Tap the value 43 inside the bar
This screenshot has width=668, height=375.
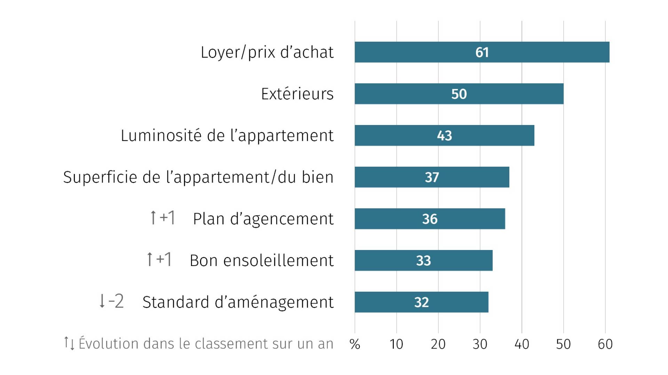(444, 136)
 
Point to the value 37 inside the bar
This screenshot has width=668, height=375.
(432, 177)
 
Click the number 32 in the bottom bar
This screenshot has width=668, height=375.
(421, 302)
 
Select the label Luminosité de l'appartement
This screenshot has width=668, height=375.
(227, 135)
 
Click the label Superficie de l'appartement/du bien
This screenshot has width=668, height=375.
(198, 177)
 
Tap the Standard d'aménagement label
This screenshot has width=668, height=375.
(238, 302)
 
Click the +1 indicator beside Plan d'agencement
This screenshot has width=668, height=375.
(162, 218)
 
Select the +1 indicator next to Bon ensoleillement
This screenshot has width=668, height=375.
(159, 259)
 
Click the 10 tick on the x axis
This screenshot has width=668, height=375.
(396, 344)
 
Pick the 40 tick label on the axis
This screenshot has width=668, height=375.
(522, 344)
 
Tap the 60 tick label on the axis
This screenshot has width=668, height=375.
(605, 344)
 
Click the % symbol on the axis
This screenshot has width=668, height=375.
(355, 344)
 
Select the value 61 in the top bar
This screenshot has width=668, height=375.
(482, 52)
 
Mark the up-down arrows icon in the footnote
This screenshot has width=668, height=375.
(69, 343)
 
